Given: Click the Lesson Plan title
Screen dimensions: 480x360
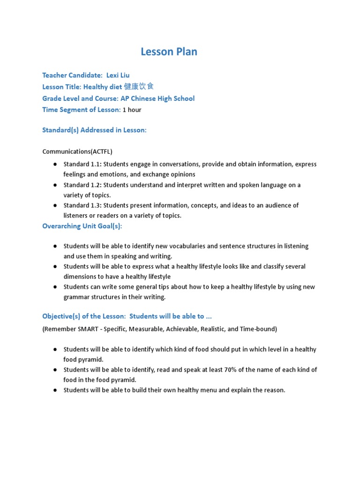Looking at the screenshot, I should tap(169, 52).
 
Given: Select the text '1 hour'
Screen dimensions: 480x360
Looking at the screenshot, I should tap(132, 110).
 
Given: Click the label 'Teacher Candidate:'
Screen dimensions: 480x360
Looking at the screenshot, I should tap(72, 75).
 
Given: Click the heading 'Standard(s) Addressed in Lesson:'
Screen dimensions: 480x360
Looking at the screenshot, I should tap(94, 130).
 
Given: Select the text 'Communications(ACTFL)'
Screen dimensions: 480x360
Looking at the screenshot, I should tap(77, 151).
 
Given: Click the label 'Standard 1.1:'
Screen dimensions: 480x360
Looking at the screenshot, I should tap(82, 165).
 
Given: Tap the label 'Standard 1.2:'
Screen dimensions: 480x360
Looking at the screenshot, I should tap(82, 185).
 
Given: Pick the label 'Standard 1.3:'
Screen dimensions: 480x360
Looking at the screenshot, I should tap(82, 205).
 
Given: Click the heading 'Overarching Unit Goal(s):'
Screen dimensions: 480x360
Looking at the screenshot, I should tap(82, 226).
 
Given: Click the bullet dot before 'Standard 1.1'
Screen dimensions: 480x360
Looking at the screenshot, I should tap(55, 165).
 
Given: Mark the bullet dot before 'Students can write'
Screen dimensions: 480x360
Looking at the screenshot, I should tap(55, 287).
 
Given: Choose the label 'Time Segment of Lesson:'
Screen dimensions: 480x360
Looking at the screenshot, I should tap(81, 110).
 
